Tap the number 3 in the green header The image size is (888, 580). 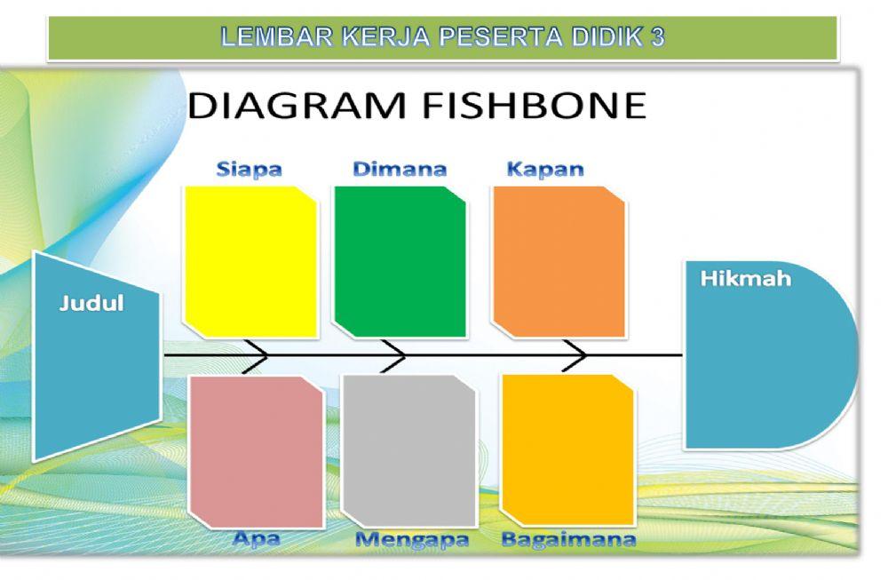pos(657,38)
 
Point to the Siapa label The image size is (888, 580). pos(249,169)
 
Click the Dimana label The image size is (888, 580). pos(400,169)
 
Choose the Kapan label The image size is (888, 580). pos(545,169)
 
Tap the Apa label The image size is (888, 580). pos(256,538)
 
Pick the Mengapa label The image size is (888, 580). pos(412,539)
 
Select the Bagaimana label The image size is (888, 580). pos(568,539)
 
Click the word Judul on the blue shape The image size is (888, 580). pos(91,303)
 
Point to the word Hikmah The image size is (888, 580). pos(745,278)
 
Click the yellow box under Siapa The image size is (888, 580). pos(250,261)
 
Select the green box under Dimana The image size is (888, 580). pos(400,261)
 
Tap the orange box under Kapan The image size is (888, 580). pos(559,261)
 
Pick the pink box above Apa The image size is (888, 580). pos(256,451)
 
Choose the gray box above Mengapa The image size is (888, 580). pos(409,451)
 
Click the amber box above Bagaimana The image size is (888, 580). pos(567,449)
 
